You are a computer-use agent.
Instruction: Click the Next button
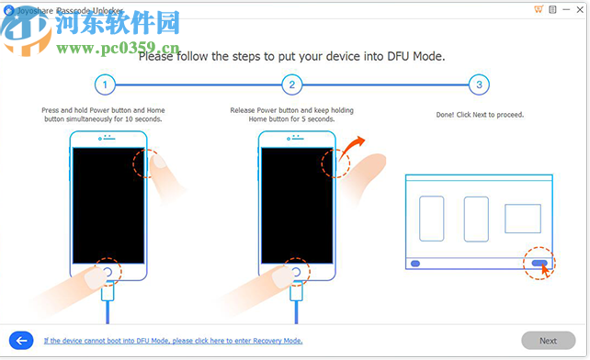548,340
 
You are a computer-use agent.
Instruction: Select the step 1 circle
105,85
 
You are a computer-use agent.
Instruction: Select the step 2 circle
291,85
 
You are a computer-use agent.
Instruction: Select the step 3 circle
477,85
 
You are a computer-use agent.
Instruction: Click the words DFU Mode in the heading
413,56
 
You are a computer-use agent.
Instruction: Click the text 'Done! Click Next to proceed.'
478,115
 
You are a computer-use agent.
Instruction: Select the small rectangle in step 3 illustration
522,218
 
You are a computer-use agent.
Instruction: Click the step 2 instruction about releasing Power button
290,114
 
